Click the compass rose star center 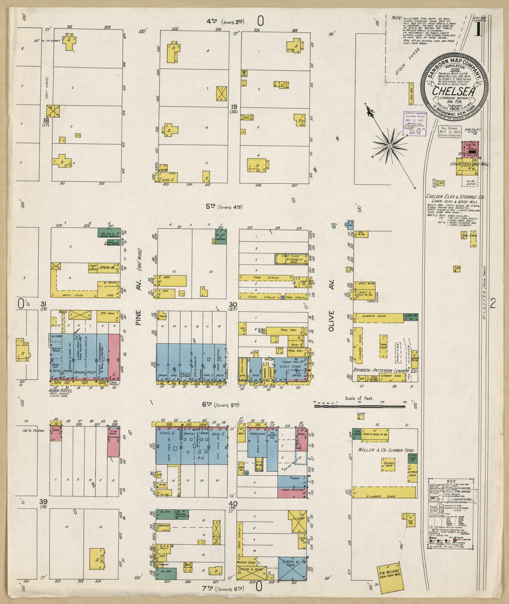(389, 146)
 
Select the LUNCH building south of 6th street (361, 417)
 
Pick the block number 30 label (233, 304)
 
